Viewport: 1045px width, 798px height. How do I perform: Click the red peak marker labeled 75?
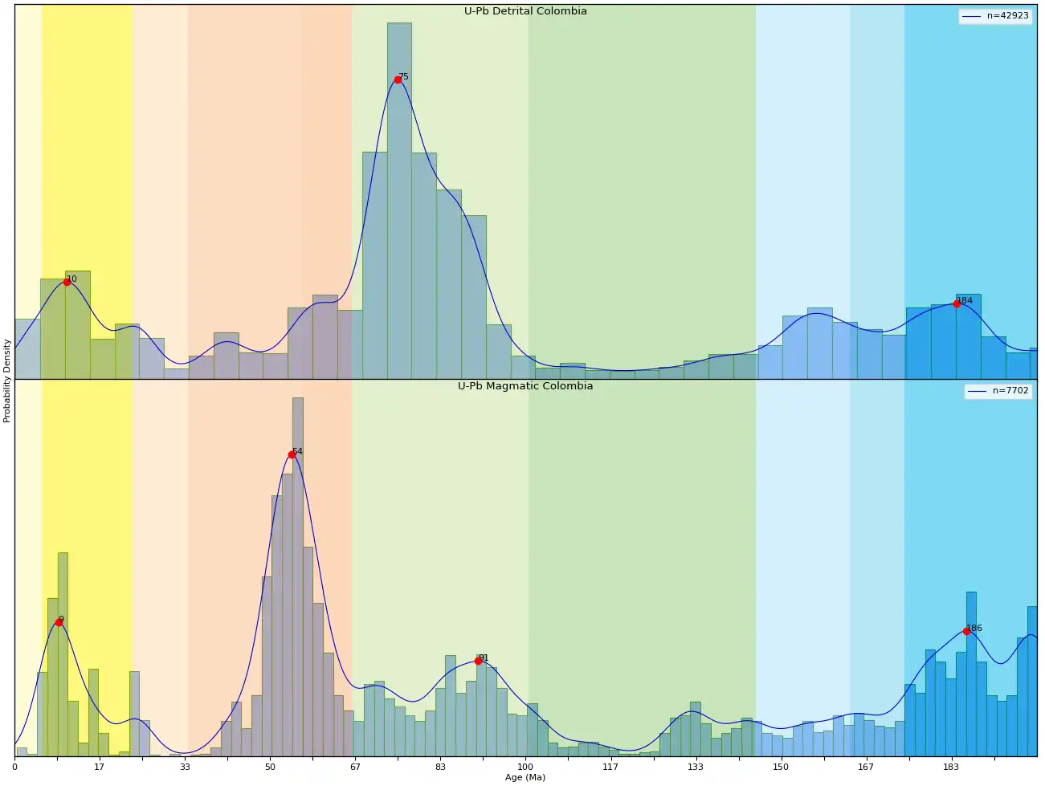point(398,79)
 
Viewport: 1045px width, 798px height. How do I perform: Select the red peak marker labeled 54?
point(292,454)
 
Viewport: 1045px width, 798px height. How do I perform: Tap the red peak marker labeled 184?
point(957,303)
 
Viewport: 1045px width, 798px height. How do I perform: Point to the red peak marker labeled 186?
point(966,631)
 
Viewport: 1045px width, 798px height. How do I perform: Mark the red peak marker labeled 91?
point(478,661)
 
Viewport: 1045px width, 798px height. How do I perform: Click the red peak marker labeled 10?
point(67,282)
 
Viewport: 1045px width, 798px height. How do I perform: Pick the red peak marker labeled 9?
point(59,622)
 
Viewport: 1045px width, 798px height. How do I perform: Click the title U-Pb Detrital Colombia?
point(525,11)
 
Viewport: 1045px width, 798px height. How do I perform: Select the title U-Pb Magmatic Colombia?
point(525,386)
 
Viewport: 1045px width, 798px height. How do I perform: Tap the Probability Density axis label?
point(7,381)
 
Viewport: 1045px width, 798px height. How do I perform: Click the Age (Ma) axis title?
point(525,777)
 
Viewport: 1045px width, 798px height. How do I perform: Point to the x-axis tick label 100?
point(525,767)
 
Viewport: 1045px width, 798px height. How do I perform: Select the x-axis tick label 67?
point(355,767)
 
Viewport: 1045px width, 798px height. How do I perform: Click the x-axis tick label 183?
point(951,767)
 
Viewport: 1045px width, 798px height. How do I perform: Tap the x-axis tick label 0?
point(14,767)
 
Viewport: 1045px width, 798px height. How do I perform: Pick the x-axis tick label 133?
point(696,767)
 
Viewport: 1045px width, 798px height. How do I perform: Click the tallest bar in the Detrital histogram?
point(399,201)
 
